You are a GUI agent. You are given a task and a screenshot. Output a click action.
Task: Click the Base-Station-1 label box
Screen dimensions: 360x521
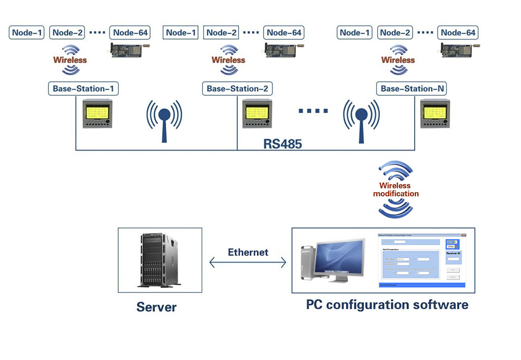[83, 89]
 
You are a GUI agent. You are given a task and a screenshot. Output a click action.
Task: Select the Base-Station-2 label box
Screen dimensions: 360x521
[237, 89]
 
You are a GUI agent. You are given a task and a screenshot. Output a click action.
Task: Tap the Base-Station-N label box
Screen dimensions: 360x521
[412, 89]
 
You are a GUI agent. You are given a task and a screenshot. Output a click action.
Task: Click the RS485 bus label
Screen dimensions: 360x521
[282, 144]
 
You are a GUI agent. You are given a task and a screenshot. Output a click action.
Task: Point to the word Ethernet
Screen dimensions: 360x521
[248, 252]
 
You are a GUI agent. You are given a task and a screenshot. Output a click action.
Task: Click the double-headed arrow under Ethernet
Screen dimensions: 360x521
[248, 263]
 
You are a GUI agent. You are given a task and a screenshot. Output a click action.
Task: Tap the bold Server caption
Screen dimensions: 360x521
[156, 307]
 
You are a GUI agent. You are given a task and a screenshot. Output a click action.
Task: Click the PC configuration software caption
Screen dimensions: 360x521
[387, 304]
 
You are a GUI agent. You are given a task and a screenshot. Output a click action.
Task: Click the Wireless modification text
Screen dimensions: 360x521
[395, 190]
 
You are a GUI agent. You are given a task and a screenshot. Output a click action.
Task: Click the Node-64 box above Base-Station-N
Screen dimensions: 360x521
[458, 33]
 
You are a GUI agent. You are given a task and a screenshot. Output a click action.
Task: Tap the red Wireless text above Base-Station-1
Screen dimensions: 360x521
[70, 60]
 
